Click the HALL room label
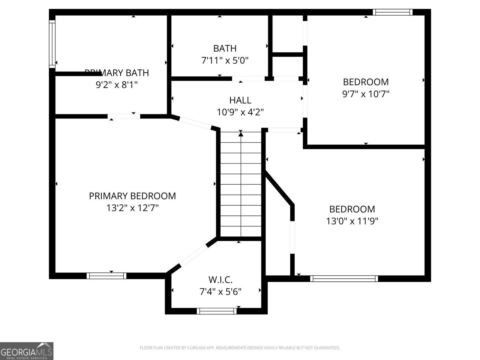click(240, 100)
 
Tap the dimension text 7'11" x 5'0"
click(225, 61)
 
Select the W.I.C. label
click(220, 280)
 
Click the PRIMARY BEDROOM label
click(132, 196)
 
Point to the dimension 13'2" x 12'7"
click(132, 208)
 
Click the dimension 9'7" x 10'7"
click(366, 94)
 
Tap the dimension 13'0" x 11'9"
click(352, 221)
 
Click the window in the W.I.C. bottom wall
click(217, 311)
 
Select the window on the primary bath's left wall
click(52, 44)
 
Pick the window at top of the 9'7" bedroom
click(393, 12)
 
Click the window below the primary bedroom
click(106, 276)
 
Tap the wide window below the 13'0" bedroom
click(344, 279)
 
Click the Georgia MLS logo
click(26, 351)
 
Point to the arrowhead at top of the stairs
click(241, 134)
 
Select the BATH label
click(225, 48)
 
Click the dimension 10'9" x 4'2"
click(240, 112)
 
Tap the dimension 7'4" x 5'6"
click(220, 292)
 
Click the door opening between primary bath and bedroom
click(124, 116)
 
